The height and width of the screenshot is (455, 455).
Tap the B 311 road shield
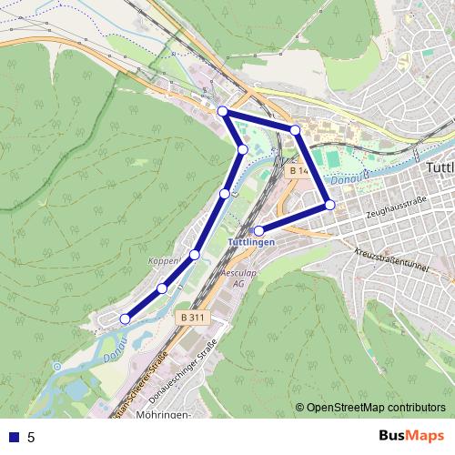point(190,318)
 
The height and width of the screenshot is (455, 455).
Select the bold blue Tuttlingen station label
point(250,244)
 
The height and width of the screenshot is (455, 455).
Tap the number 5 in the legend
point(31,437)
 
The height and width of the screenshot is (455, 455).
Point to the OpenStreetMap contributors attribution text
point(375,408)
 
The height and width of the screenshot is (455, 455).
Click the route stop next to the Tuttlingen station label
point(259,230)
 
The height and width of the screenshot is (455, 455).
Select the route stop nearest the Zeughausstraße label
point(330,205)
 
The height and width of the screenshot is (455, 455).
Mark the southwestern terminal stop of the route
point(125,318)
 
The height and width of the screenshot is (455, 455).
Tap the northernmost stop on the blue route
point(223,111)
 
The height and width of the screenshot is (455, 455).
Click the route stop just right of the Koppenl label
point(195,254)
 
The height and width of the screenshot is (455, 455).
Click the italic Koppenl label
point(165,262)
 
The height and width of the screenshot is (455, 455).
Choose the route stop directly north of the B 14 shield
point(295,130)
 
